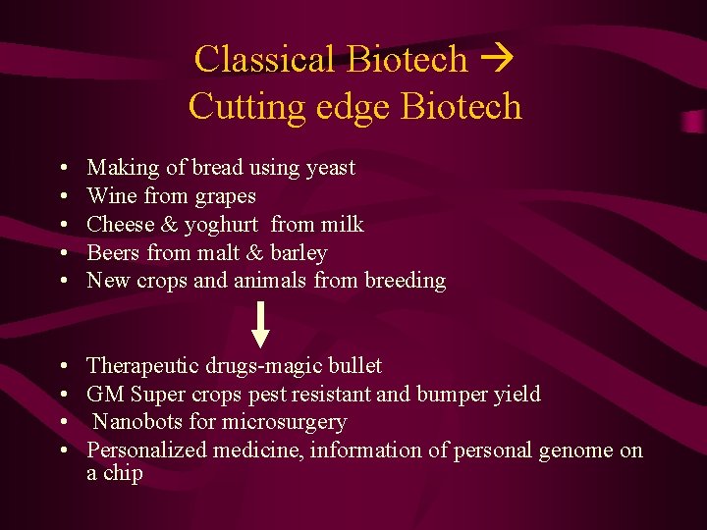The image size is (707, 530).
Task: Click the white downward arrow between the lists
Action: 260,325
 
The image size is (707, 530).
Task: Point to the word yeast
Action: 330,168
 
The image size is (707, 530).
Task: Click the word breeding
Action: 405,281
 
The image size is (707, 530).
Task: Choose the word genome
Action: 575,450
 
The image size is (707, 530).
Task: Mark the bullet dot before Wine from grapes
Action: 63,196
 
